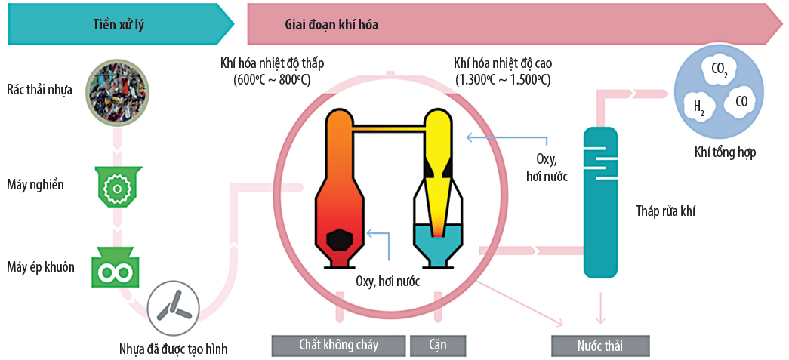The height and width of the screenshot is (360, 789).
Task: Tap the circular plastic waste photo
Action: point(116,90)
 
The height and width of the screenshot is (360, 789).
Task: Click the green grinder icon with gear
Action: point(116,185)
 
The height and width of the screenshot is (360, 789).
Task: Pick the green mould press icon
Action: point(116,268)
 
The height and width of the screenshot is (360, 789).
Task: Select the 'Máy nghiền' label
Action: point(35,185)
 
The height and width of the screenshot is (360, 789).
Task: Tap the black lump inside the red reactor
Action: point(342,239)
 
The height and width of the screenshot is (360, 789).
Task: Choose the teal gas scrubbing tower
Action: point(602,200)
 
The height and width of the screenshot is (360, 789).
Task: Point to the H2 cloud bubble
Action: point(699,107)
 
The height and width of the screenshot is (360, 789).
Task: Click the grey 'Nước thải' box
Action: point(600,346)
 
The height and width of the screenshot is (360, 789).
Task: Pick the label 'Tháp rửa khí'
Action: point(665,211)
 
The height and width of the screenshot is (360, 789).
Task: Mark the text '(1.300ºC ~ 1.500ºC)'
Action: point(502,79)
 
